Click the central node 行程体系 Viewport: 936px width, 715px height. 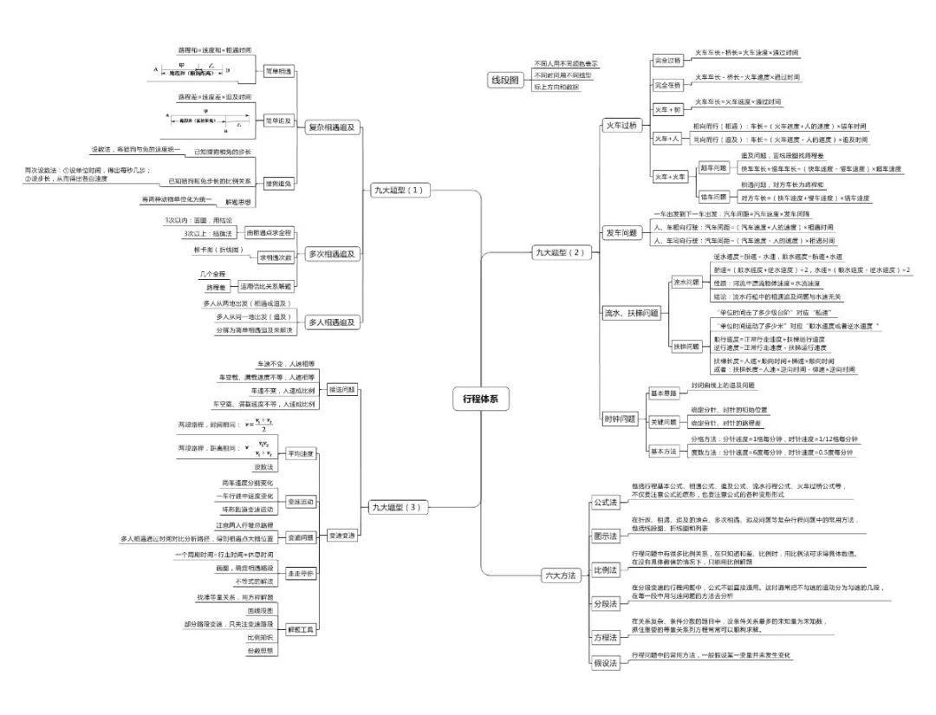[480, 399]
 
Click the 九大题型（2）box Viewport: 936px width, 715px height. [561, 252]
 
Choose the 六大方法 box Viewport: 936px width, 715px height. [560, 575]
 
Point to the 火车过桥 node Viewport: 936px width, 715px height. [621, 126]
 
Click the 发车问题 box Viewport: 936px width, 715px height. [621, 232]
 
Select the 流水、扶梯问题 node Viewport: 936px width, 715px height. [631, 312]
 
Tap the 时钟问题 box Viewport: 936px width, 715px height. [621, 419]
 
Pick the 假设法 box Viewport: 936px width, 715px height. [605, 663]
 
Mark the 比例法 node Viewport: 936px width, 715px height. [605, 569]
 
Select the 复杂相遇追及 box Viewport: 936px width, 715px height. [331, 127]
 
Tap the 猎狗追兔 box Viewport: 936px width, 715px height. [277, 184]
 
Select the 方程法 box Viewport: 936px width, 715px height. [605, 637]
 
